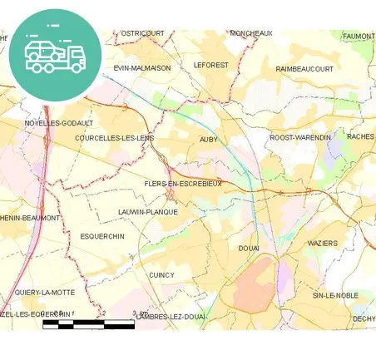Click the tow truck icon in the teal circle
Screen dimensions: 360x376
coord(55,55)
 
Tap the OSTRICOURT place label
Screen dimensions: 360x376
coord(142,33)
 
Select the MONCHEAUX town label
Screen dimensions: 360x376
coord(251,33)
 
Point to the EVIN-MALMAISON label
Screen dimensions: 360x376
coord(142,68)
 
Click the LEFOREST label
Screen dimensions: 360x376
coord(210,64)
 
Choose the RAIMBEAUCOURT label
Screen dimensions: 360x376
coord(304,69)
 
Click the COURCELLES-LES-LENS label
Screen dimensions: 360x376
coord(114,138)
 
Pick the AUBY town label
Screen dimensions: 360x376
coord(209,140)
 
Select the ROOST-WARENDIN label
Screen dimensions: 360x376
coord(300,137)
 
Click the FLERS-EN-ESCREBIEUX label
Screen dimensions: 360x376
coord(182,184)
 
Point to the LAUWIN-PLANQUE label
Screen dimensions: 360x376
coord(148,212)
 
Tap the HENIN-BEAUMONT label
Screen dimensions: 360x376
coord(30,218)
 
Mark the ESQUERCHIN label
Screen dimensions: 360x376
coord(102,236)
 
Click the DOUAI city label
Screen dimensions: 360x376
coord(249,249)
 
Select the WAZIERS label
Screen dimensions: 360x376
coord(323,243)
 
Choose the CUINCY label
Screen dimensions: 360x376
coord(161,275)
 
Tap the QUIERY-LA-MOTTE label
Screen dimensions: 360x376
coord(45,293)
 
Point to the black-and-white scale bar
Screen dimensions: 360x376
coord(88,323)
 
